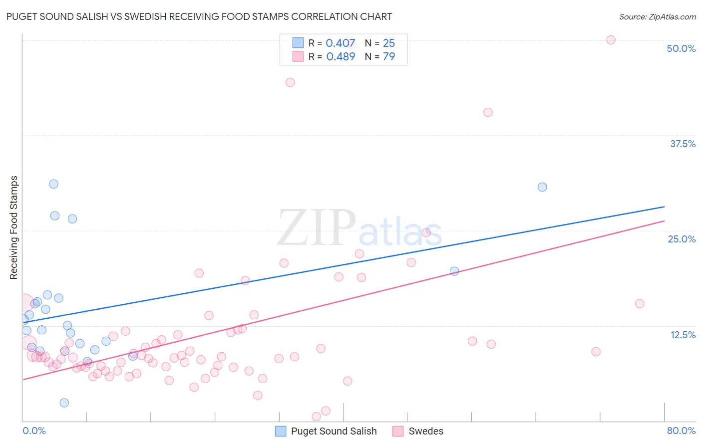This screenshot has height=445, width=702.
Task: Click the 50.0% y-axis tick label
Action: [681, 48]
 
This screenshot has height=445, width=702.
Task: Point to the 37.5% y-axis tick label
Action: [683, 144]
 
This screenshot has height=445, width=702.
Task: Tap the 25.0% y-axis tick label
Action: [682, 239]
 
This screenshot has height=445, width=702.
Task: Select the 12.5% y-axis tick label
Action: [683, 335]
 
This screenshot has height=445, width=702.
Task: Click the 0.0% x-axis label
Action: [34, 431]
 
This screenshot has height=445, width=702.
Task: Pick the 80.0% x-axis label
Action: [681, 431]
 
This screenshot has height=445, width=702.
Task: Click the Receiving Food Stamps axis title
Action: [14, 227]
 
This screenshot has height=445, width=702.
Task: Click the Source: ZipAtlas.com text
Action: [657, 16]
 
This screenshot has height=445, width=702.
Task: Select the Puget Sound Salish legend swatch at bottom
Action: [281, 431]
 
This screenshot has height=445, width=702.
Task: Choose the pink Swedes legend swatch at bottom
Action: [398, 431]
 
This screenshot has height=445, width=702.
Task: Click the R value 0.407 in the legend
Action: [341, 43]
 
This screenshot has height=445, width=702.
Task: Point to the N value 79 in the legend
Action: [389, 56]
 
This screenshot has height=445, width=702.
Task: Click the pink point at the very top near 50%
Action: [611, 40]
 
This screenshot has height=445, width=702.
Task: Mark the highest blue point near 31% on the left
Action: [53, 184]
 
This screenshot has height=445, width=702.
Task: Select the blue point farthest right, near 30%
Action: [542, 187]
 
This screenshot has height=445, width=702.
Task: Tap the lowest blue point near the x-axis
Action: [64, 403]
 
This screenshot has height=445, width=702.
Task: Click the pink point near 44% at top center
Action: [290, 82]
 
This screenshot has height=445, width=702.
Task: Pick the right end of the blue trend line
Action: [664, 207]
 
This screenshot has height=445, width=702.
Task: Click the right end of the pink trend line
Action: [664, 221]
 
